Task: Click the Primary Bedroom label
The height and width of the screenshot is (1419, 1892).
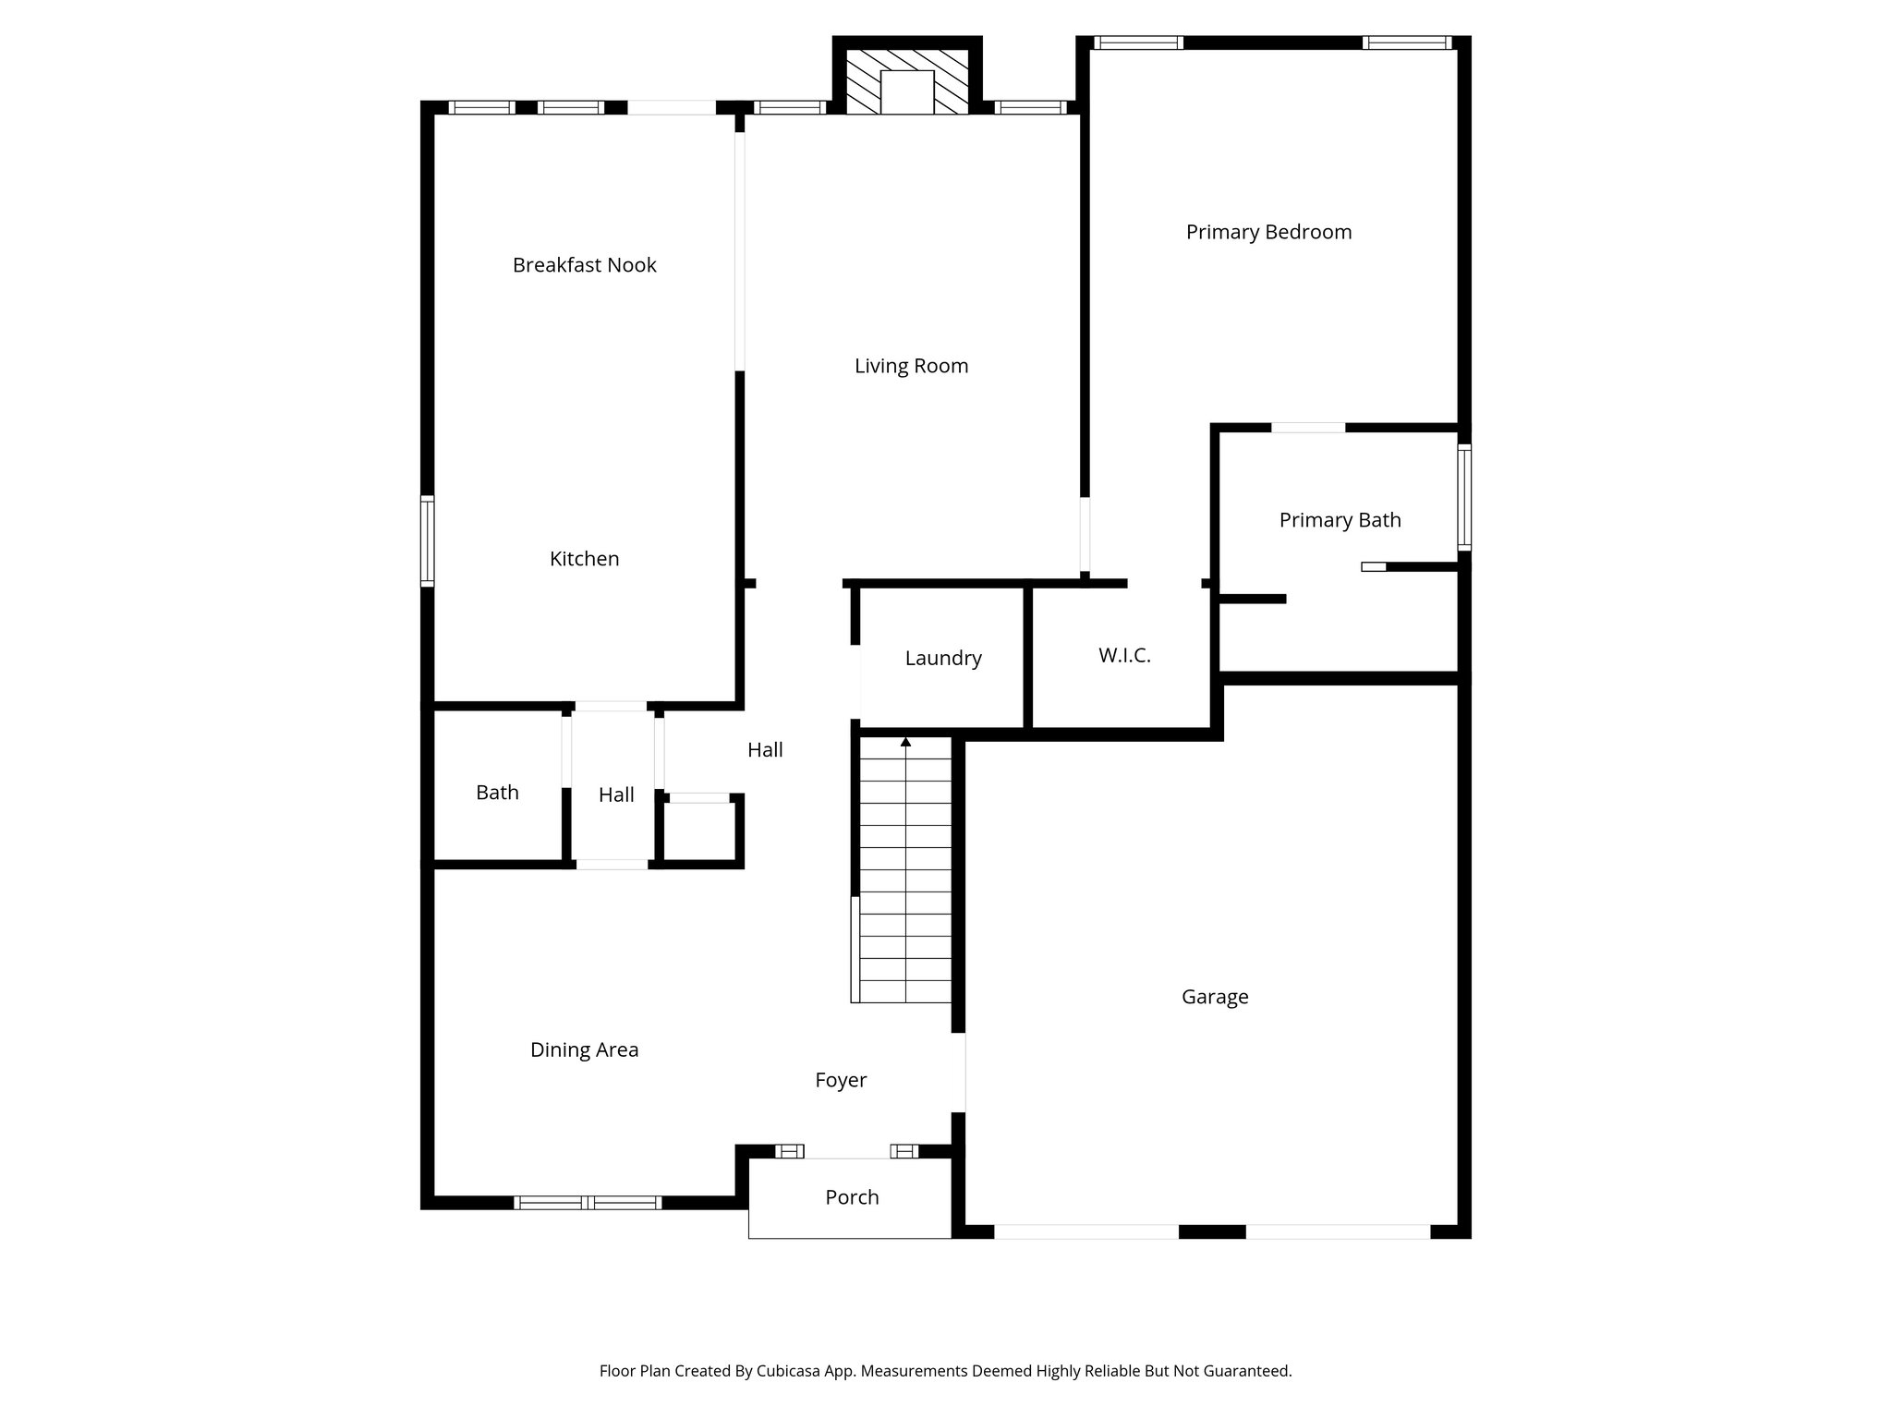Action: [1268, 232]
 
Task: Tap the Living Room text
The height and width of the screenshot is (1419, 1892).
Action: [911, 366]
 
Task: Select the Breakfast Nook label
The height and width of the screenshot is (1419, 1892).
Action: [584, 265]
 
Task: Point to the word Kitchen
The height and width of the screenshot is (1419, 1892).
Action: [584, 559]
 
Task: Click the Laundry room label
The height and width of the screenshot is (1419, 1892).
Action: [942, 659]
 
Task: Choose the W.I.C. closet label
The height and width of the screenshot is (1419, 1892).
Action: [1124, 656]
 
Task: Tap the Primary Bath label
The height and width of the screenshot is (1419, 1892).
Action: [1340, 520]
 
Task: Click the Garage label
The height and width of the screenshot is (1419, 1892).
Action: [1215, 997]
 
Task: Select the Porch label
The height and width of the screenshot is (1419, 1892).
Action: [852, 1197]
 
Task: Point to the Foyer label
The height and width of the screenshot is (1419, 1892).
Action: [841, 1080]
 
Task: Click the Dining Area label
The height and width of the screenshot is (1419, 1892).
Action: [584, 1049]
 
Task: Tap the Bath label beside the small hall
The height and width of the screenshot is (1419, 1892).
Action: [497, 793]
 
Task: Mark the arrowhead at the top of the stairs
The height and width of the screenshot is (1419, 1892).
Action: [905, 742]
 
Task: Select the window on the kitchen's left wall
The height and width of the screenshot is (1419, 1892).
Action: [427, 541]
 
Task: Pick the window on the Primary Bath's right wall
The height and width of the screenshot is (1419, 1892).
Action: [1464, 498]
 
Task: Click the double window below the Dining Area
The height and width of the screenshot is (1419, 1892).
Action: [588, 1202]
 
